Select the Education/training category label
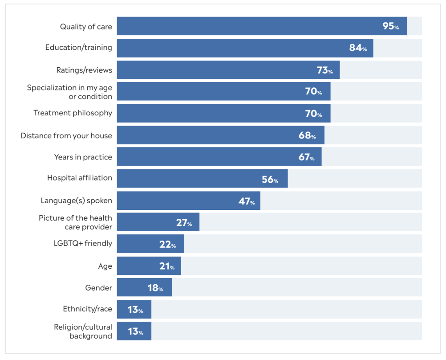coord(79,47)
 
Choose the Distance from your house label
coord(66,135)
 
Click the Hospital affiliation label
coord(80,178)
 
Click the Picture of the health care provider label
coord(75,222)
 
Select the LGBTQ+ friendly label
coord(82,244)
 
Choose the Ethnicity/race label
coord(87,309)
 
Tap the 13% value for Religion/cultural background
coord(135,331)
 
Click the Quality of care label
coord(86,27)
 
